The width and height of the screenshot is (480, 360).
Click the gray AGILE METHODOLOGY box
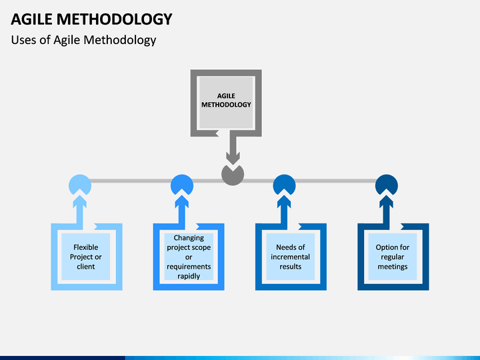(226, 103)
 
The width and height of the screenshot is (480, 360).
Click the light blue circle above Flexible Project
(80, 183)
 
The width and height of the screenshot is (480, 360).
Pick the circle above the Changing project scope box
(182, 183)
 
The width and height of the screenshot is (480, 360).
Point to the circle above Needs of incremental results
(284, 183)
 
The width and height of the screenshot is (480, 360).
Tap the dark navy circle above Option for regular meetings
(387, 183)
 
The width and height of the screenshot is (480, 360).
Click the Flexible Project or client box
(87, 257)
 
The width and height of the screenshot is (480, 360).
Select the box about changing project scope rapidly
(189, 257)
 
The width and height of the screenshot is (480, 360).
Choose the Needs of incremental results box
(291, 257)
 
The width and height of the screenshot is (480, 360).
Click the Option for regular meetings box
(393, 257)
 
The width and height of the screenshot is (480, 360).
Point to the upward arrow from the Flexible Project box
(80, 211)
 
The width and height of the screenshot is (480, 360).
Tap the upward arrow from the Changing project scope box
(182, 211)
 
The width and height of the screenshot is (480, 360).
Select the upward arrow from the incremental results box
(285, 211)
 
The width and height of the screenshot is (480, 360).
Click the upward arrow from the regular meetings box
(387, 211)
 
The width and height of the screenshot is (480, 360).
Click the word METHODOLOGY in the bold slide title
(115, 19)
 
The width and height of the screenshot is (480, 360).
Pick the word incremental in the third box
(290, 257)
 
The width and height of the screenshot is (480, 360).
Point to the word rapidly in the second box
(189, 276)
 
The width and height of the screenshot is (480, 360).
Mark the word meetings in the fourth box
(393, 267)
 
